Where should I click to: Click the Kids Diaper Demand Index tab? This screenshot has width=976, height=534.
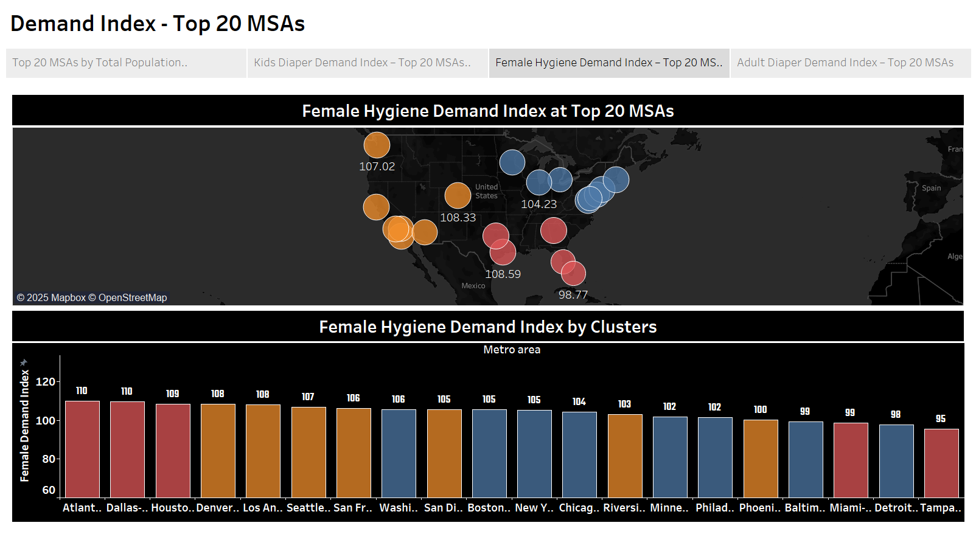362,63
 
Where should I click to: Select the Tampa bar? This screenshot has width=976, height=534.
941,463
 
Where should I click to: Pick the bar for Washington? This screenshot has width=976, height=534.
399,453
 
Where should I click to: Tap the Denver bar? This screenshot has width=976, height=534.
218,451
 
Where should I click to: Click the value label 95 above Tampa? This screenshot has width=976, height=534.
941,419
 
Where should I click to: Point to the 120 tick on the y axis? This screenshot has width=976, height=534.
46,382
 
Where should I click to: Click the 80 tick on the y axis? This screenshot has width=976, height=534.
49,459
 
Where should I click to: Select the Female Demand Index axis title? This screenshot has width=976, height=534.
24,426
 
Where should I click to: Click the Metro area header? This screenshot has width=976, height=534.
512,350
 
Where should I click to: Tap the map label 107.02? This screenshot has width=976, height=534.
377,167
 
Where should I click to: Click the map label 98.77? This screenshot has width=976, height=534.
573,295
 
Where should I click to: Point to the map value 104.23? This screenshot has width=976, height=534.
539,204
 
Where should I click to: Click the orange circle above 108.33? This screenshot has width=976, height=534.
458,195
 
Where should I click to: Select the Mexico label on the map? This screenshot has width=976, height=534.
473,286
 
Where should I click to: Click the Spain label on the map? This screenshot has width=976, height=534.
931,189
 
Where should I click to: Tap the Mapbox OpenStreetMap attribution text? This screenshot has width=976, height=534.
92,297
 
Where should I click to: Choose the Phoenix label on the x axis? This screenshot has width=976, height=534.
760,508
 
